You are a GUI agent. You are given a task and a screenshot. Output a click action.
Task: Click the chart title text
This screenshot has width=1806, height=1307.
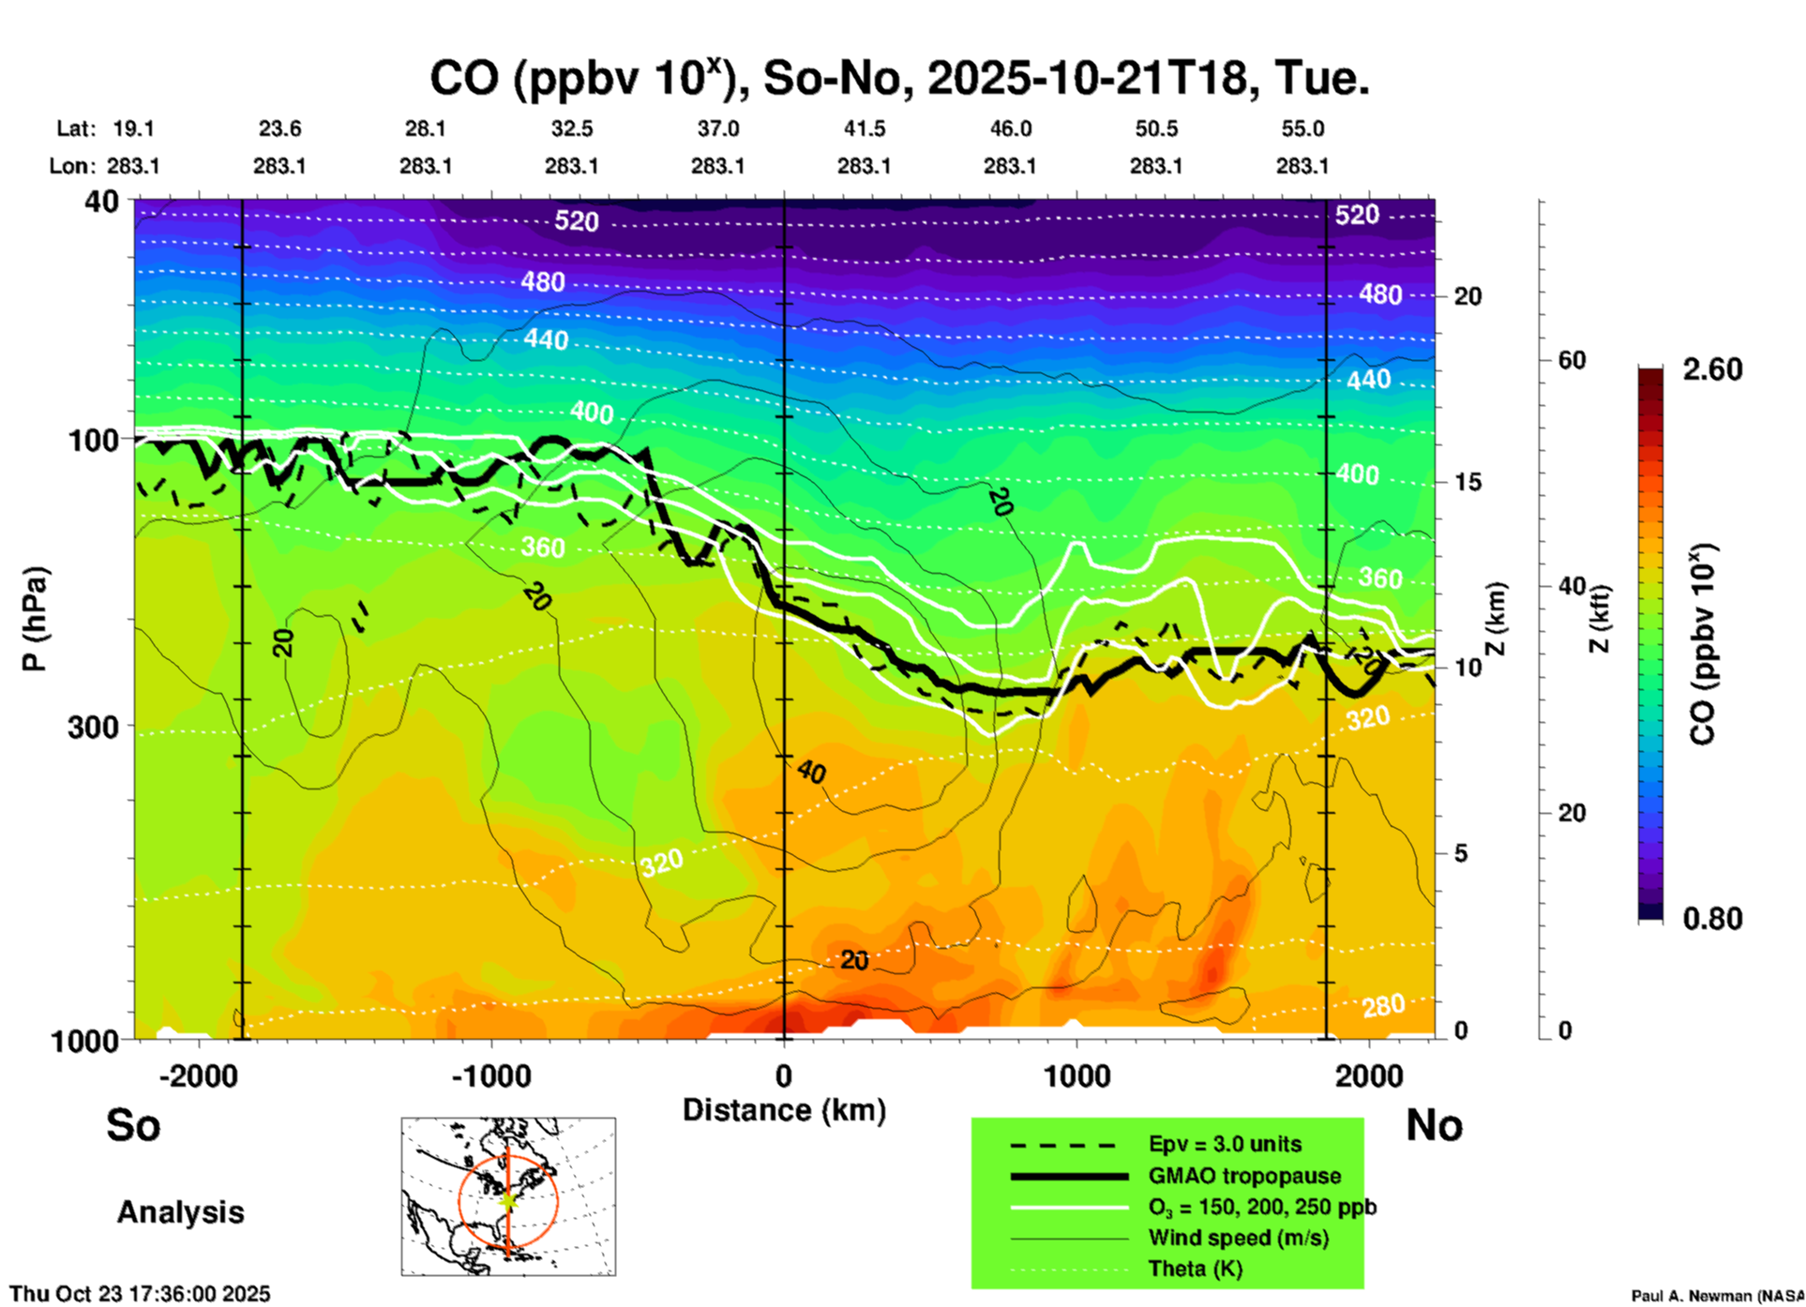click(898, 79)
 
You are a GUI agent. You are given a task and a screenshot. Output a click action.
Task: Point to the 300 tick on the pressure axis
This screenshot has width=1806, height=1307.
click(93, 727)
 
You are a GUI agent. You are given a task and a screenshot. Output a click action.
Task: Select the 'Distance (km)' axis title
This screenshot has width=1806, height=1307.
click(784, 1110)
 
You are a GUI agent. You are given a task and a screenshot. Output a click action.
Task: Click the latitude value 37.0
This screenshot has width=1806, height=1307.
click(717, 128)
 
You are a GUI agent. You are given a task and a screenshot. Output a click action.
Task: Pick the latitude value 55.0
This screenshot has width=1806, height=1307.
click(1302, 128)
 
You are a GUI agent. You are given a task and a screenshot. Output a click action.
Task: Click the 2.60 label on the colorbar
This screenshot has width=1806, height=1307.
click(1712, 369)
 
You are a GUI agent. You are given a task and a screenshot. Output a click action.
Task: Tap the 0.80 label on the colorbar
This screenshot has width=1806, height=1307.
click(1712, 919)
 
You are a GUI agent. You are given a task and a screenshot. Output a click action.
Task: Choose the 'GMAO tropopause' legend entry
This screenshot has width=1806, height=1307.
click(1244, 1176)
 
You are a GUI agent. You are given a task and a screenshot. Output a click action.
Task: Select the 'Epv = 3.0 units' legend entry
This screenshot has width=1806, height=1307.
click(1225, 1144)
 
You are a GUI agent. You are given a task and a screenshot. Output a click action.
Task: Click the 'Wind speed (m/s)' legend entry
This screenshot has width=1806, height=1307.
click(1238, 1238)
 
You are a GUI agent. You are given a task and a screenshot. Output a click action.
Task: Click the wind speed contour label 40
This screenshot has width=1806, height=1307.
click(811, 772)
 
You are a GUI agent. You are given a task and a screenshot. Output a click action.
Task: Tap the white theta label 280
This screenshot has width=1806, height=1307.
click(1383, 1006)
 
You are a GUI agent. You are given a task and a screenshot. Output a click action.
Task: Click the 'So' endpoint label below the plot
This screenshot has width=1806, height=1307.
click(133, 1125)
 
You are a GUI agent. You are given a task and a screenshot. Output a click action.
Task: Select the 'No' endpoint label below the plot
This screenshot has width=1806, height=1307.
click(1434, 1125)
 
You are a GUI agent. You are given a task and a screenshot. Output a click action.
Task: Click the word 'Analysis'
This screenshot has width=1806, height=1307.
click(180, 1211)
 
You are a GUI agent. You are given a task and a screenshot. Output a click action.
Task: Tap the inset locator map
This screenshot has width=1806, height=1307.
click(508, 1196)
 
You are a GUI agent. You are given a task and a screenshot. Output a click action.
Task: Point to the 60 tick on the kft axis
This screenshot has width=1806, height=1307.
click(1572, 360)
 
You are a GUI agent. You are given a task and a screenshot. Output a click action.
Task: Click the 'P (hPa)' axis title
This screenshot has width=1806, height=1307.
click(35, 619)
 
